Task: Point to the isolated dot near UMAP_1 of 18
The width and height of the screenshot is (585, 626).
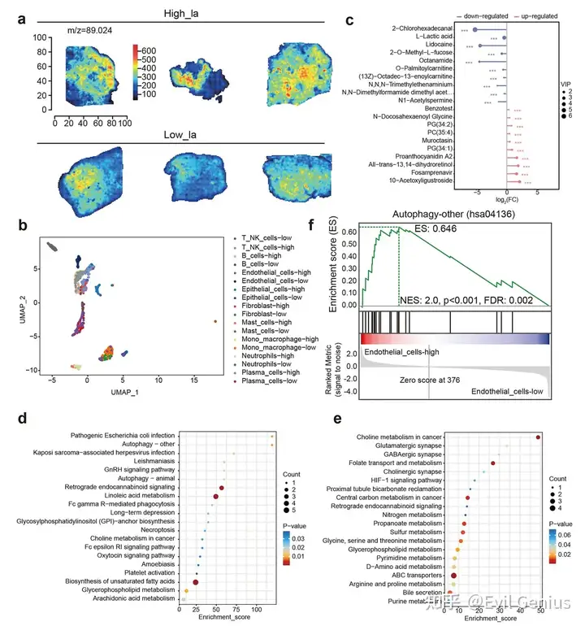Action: click(x=215, y=322)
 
